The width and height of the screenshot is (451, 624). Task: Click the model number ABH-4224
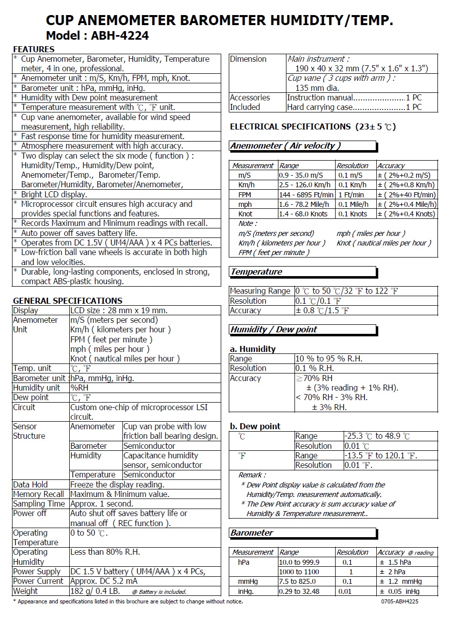(x=120, y=36)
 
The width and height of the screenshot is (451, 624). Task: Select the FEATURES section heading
(x=34, y=49)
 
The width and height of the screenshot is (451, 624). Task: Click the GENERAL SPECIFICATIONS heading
(x=67, y=301)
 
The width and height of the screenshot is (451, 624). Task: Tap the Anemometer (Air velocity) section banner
(x=285, y=146)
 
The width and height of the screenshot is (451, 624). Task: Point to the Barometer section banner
(x=252, y=533)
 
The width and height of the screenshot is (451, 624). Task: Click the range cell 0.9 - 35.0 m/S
(x=301, y=175)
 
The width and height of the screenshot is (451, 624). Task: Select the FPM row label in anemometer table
(x=245, y=195)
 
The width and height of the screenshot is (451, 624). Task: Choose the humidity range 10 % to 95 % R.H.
(x=329, y=359)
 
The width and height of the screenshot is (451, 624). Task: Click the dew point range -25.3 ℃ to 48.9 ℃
(x=377, y=436)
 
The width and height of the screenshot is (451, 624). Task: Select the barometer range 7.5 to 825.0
(x=298, y=582)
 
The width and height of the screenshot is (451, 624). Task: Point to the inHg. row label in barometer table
(x=246, y=591)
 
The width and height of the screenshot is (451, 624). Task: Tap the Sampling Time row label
(x=39, y=504)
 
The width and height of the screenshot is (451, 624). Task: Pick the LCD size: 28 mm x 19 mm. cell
(x=119, y=310)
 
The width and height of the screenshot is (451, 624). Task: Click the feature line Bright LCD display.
(x=54, y=194)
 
